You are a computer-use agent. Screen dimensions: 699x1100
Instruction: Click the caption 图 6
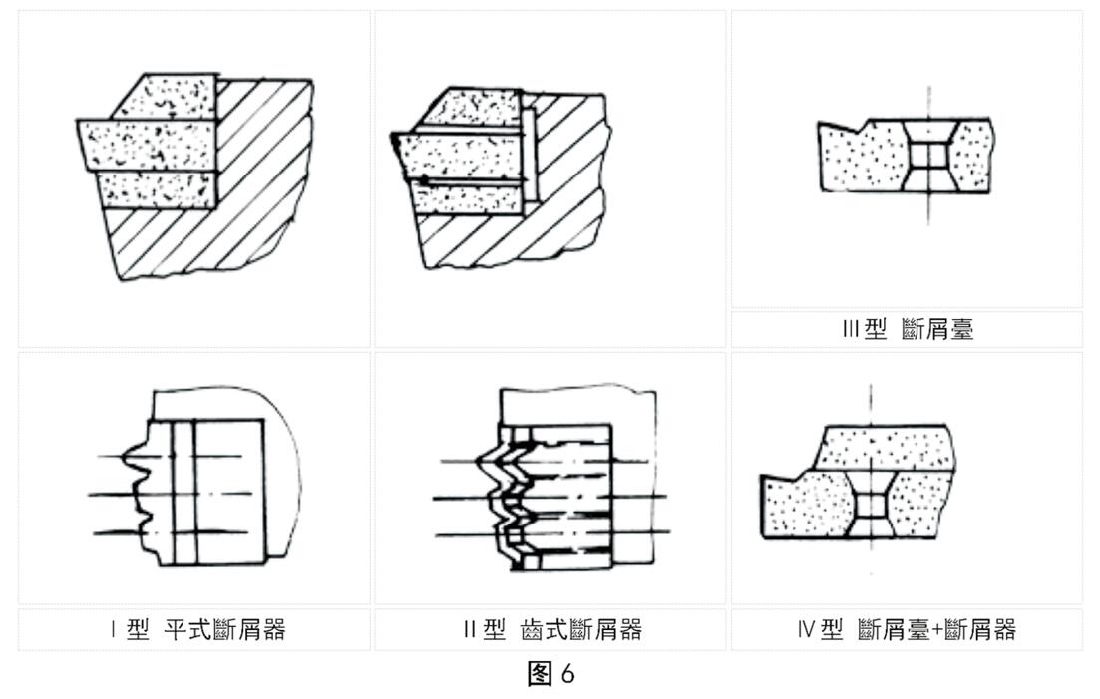tap(550, 675)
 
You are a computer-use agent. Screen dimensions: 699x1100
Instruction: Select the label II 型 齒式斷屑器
tap(550, 630)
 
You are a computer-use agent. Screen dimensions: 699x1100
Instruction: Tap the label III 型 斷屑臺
tap(907, 330)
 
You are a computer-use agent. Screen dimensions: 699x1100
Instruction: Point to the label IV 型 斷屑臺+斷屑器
tap(907, 630)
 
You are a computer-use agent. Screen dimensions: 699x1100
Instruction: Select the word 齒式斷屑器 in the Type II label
tap(581, 630)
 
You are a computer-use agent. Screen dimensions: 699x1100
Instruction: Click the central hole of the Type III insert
tap(927, 157)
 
